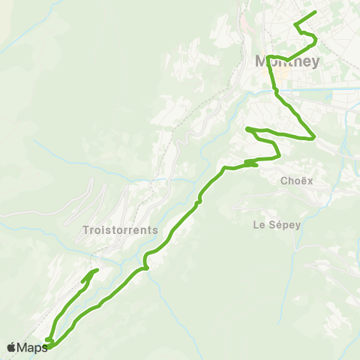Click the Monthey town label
click(x=287, y=61)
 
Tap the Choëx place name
click(x=295, y=181)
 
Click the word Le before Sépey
click(x=259, y=223)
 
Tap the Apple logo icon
click(x=11, y=347)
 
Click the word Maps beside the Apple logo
click(x=32, y=347)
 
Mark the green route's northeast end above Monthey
click(x=316, y=13)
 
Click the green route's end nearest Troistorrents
click(x=97, y=270)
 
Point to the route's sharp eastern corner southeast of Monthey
click(x=313, y=138)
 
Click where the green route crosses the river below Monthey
click(x=275, y=91)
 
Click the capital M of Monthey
click(x=262, y=61)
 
